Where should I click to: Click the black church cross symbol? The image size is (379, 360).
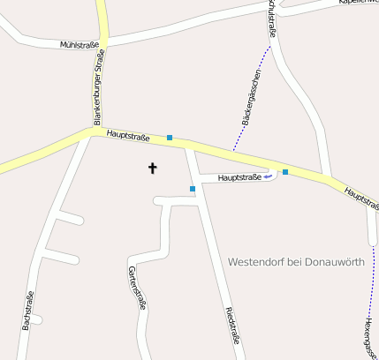(152, 167)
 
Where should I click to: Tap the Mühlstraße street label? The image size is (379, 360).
(79, 42)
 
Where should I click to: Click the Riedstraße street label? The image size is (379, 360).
(232, 324)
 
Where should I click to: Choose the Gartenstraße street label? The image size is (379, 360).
(137, 288)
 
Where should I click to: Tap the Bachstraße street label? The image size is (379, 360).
(27, 311)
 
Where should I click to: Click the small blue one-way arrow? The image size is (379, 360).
(269, 176)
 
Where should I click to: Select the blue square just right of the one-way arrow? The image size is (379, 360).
(285, 171)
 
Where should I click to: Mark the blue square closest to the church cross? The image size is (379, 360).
(192, 189)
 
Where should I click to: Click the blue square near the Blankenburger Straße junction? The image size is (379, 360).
(169, 138)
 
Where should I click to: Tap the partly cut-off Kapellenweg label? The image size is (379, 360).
(359, 3)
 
